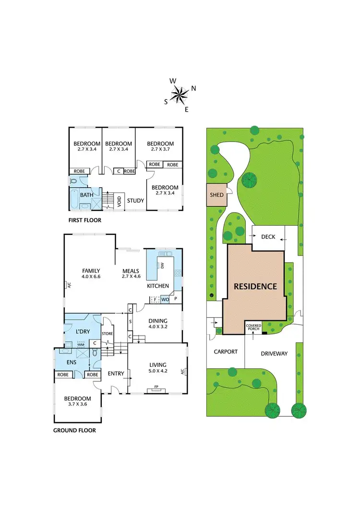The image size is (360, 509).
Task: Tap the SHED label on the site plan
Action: (217, 195)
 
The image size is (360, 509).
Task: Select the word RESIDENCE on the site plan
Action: (255, 286)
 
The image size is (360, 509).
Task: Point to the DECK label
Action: (268, 237)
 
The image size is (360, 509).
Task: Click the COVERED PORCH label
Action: (253, 327)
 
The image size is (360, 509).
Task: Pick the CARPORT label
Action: (226, 351)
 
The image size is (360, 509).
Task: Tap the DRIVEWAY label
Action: (274, 353)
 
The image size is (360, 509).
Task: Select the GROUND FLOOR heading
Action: (74, 430)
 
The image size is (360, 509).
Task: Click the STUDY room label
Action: (135, 201)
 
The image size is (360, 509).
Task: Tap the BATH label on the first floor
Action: (86, 195)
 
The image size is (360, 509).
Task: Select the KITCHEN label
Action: (158, 286)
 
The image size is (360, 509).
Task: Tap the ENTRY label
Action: (116, 374)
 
